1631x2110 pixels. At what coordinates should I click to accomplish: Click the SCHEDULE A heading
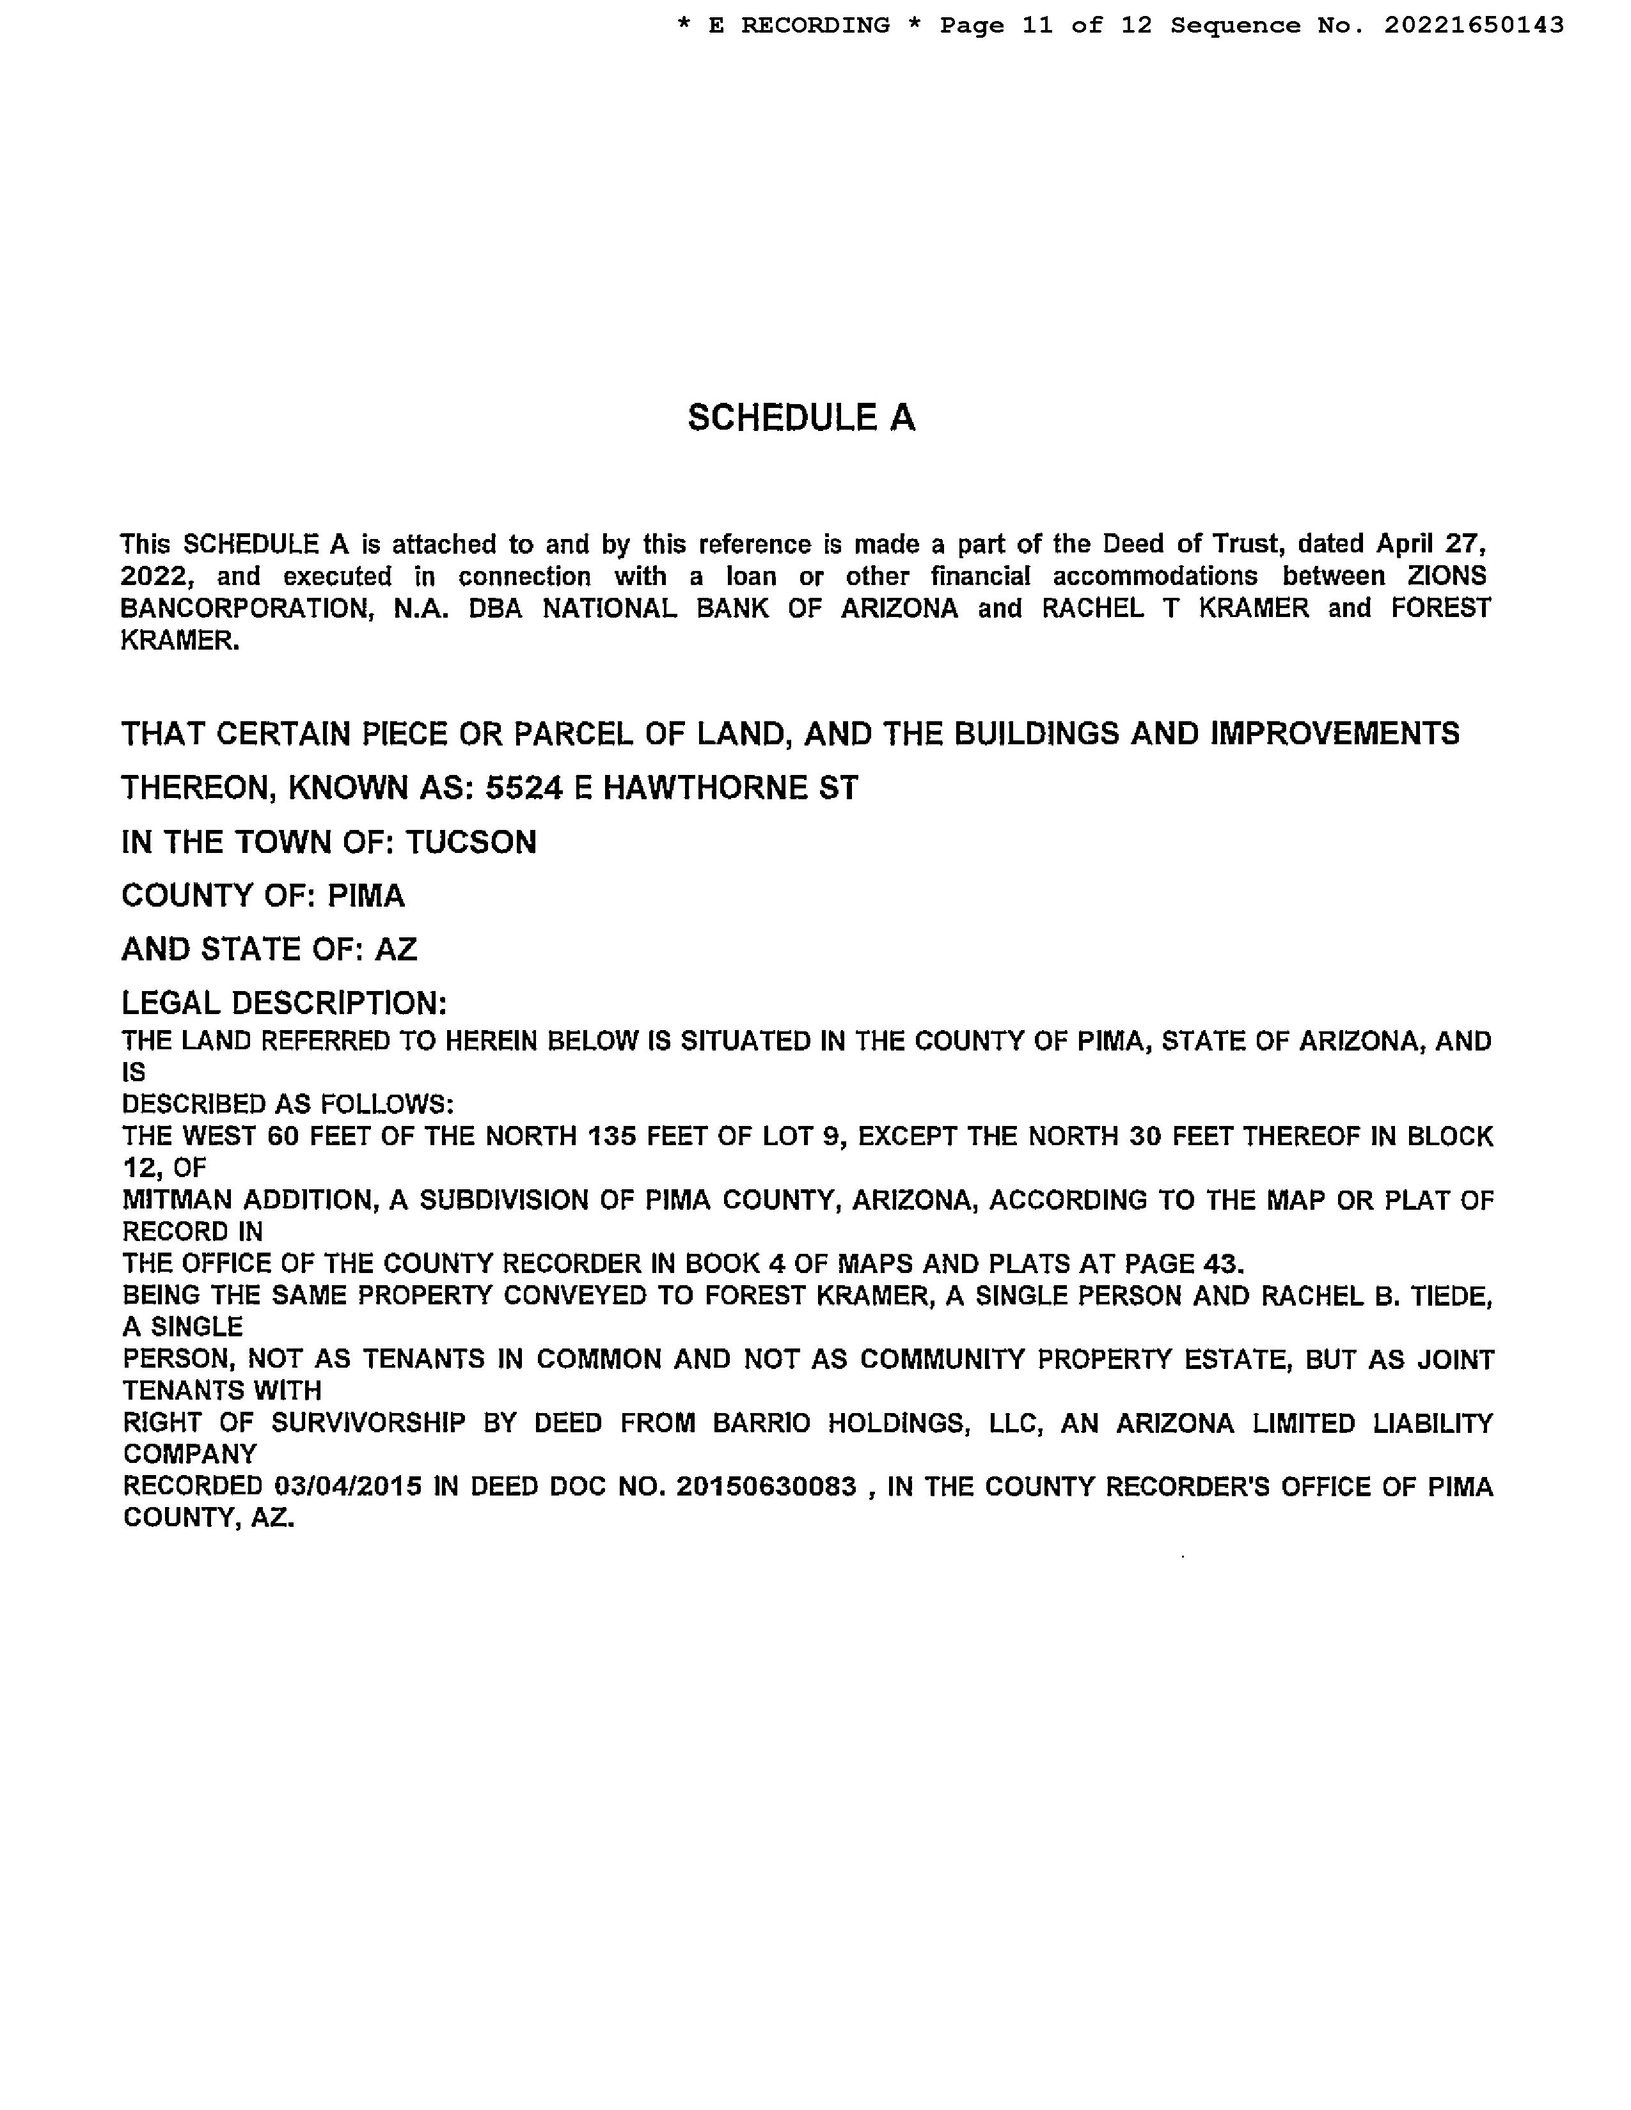801,418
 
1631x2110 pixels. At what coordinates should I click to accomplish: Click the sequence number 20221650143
1474,25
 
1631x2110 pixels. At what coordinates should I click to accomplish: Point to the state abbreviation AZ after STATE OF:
395,949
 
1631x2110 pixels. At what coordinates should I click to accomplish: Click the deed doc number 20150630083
766,1486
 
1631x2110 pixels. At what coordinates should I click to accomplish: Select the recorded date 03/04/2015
348,1486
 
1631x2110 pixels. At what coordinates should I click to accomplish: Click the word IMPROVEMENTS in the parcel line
1334,734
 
